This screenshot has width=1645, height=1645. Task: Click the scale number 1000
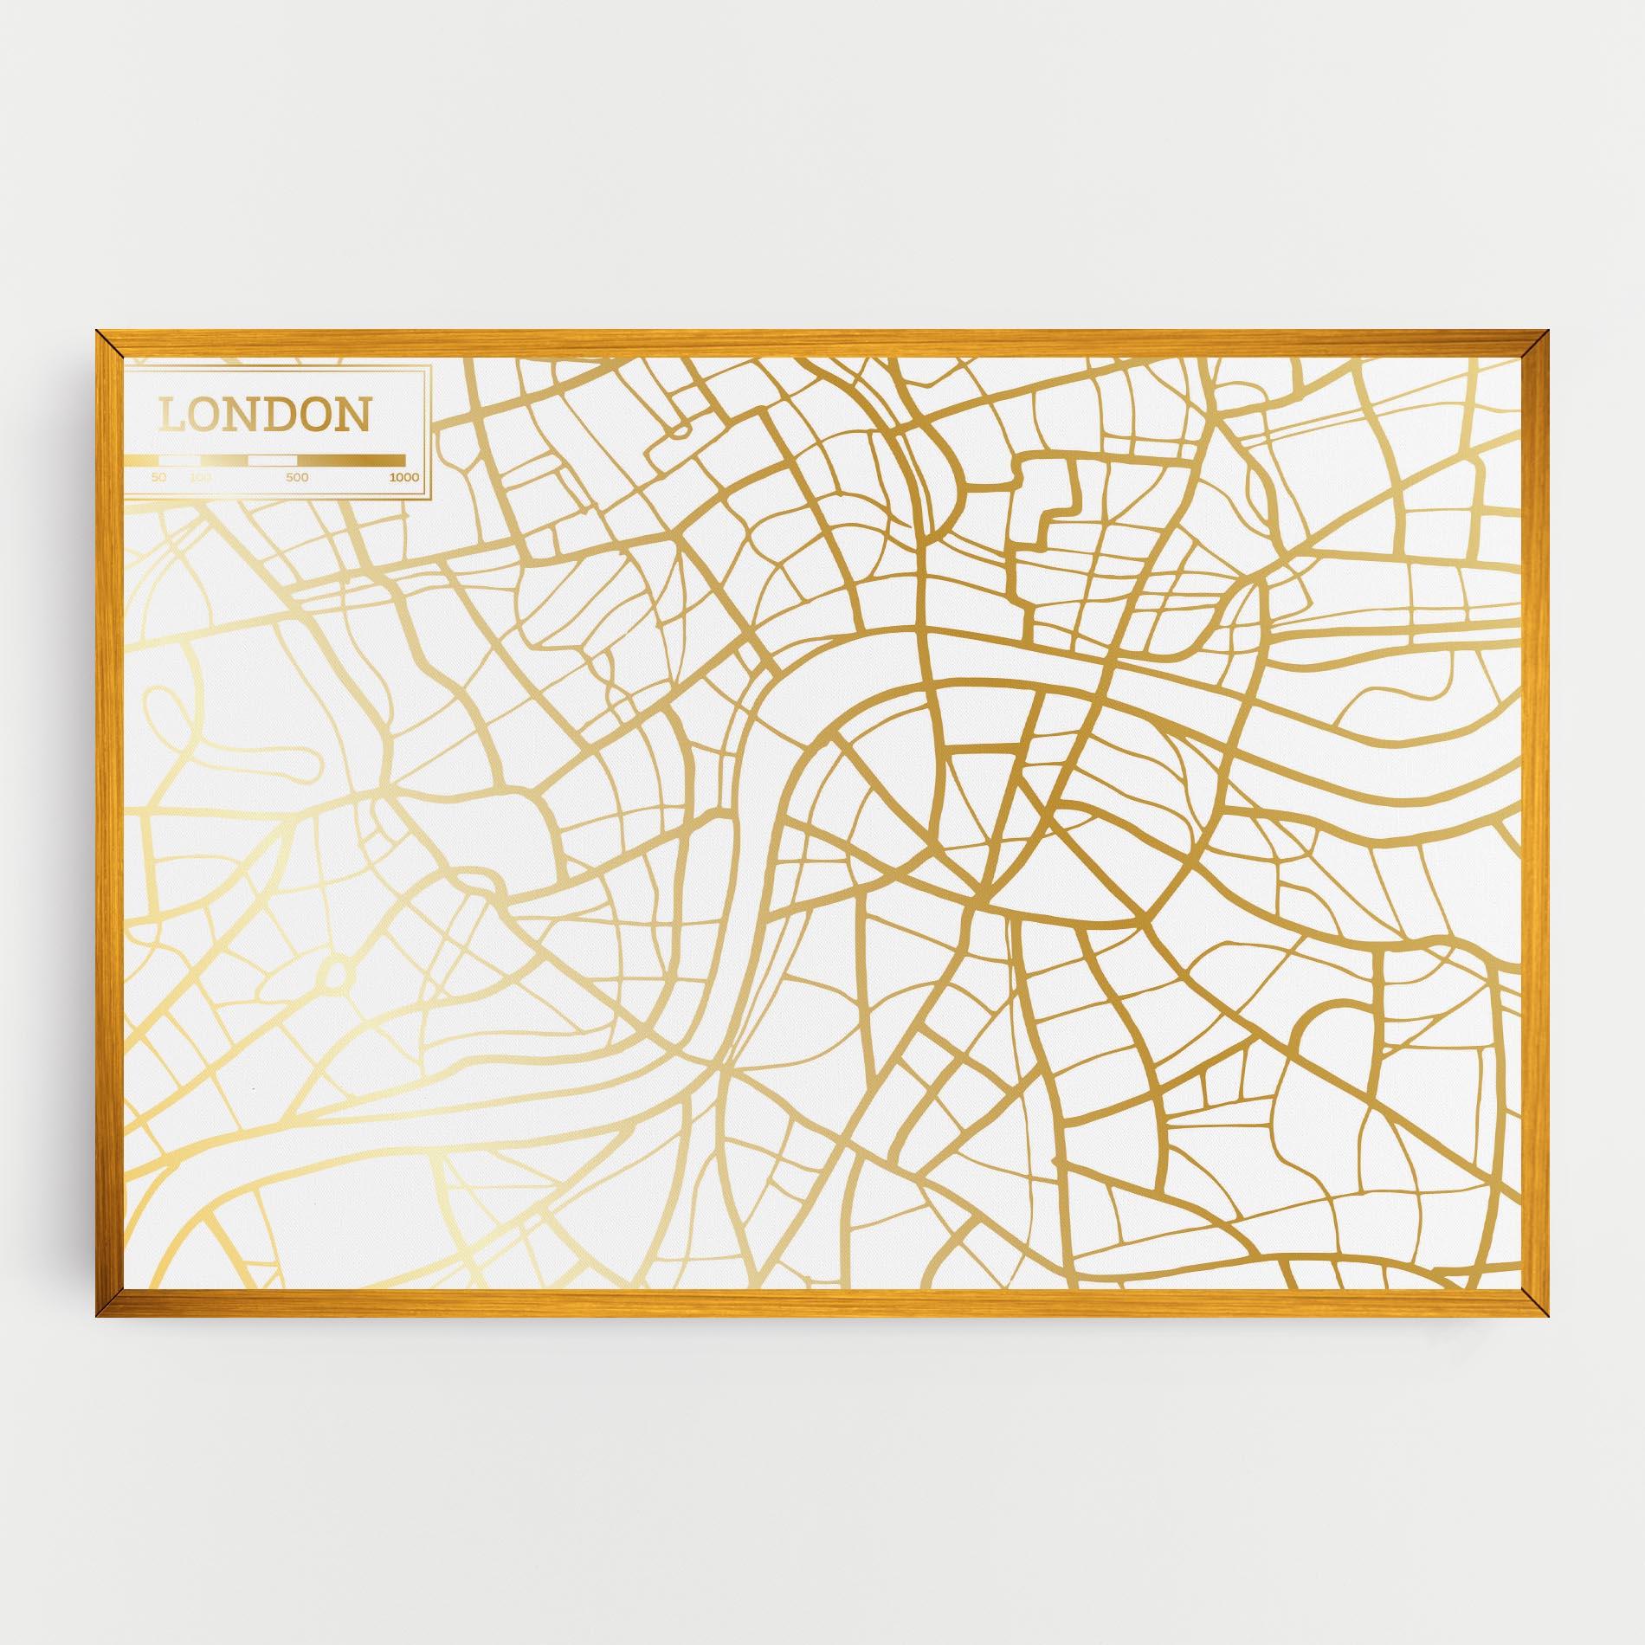point(404,477)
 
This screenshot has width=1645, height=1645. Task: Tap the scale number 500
point(297,477)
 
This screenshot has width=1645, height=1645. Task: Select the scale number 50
point(158,477)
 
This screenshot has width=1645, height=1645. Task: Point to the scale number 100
point(200,477)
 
